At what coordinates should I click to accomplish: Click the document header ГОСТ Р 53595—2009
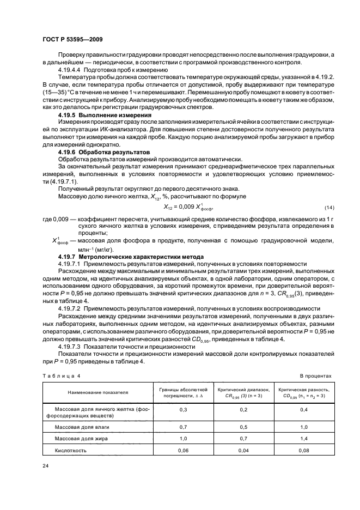[x=72, y=40]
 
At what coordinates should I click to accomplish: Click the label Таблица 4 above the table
[x=60, y=377]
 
